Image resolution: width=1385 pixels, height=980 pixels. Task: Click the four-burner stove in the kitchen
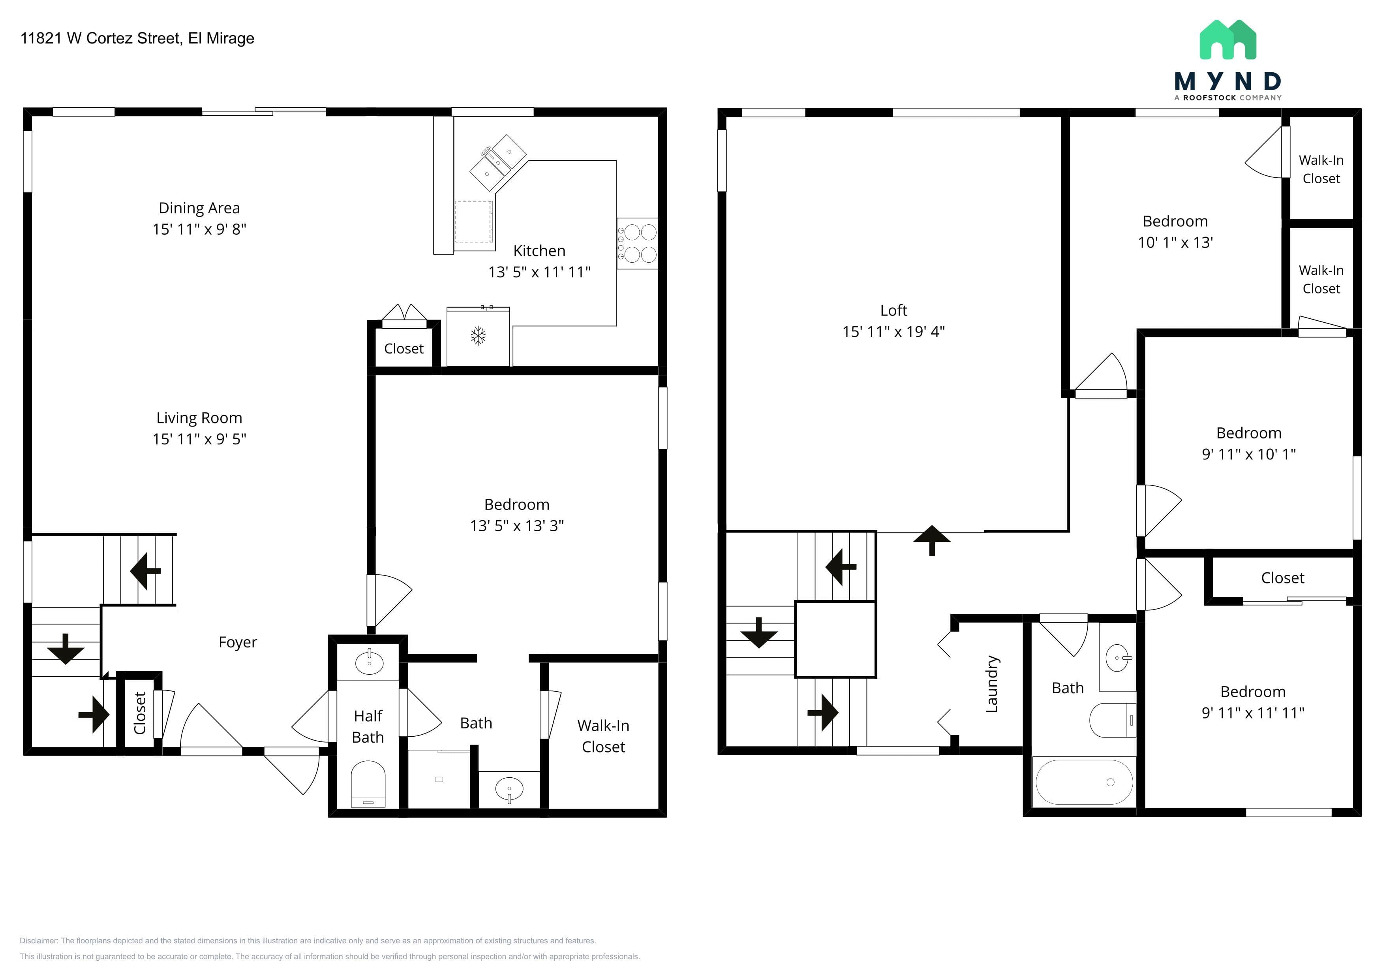click(637, 243)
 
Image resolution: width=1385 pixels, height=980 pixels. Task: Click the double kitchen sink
click(497, 162)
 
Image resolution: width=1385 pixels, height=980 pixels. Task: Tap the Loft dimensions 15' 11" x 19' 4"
click(893, 331)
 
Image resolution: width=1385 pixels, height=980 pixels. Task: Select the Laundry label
click(992, 684)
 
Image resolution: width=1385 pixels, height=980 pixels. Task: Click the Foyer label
click(238, 642)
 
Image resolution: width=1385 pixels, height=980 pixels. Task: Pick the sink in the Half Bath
click(369, 662)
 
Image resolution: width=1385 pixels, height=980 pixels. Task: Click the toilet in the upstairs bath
click(1113, 720)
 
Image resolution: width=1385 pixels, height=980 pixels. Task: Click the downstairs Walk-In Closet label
click(603, 736)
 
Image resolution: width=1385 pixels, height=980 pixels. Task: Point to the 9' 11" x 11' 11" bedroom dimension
click(1253, 713)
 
